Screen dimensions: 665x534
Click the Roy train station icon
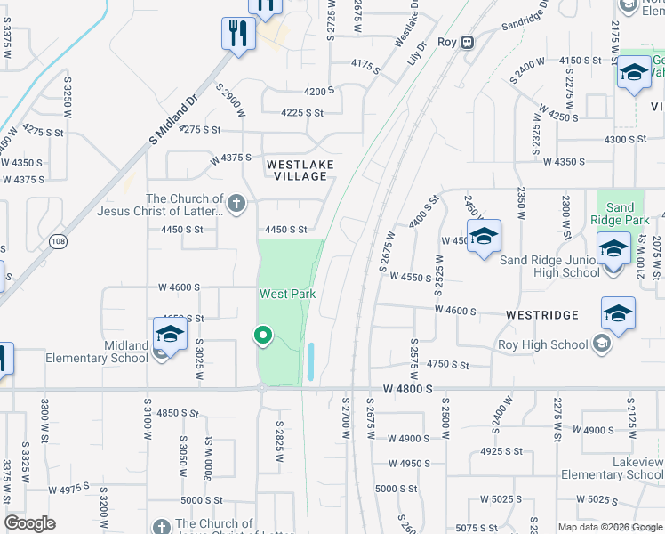pyautogui.click(x=468, y=42)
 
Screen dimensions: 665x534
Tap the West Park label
pyautogui.click(x=287, y=294)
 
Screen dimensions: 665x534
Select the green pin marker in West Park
pyautogui.click(x=262, y=336)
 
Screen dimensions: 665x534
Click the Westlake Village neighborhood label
pyautogui.click(x=297, y=170)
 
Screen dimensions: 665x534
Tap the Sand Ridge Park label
pyautogui.click(x=621, y=214)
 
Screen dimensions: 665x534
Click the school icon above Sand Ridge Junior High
pyautogui.click(x=613, y=248)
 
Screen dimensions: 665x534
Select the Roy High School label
pyautogui.click(x=545, y=345)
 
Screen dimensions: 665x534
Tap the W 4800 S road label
pyautogui.click(x=407, y=390)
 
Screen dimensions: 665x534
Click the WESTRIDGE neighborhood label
pyautogui.click(x=541, y=315)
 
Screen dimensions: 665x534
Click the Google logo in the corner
pyautogui.click(x=30, y=523)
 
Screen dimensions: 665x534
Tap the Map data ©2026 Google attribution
pyautogui.click(x=610, y=527)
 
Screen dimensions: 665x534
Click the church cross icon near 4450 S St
pyautogui.click(x=236, y=204)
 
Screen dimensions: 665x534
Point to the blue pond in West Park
pyautogui.click(x=310, y=361)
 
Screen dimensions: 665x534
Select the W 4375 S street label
pyautogui.click(x=230, y=159)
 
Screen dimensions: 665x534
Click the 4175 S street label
pyautogui.click(x=365, y=64)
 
